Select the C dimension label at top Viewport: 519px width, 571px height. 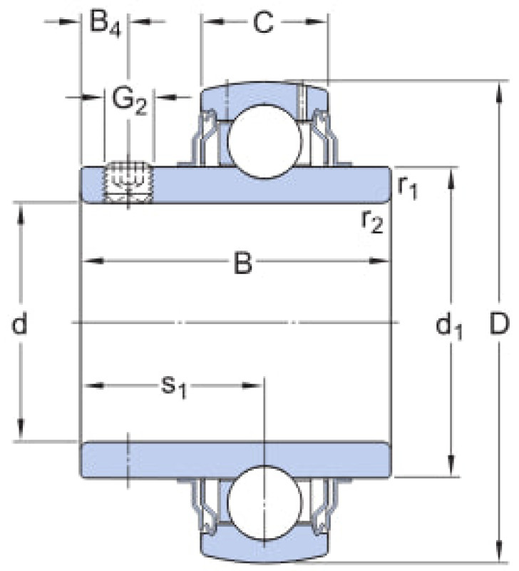tap(263, 22)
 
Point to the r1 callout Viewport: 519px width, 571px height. tap(407, 188)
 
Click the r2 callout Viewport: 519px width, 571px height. tap(372, 221)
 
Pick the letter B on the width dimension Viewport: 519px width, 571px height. tap(242, 263)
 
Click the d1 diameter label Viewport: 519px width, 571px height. tap(448, 326)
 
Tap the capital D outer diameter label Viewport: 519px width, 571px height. tap(498, 324)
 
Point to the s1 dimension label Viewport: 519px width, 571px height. tap(174, 387)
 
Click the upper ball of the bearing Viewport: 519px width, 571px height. tap(264, 141)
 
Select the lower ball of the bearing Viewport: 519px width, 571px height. tap(264, 502)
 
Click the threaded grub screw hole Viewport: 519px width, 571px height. tap(128, 181)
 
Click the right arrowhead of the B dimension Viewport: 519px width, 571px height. tap(380, 261)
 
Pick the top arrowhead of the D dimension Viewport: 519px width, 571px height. tap(500, 91)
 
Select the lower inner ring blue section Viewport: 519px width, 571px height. tap(235, 460)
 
